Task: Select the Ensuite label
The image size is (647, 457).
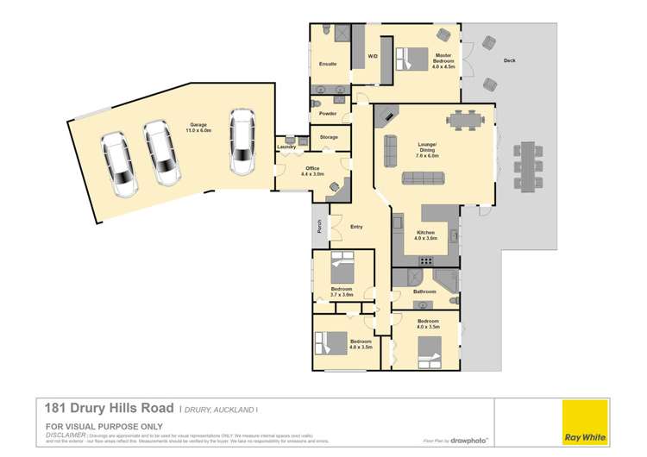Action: (328, 65)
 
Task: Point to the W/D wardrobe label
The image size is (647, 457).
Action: (373, 57)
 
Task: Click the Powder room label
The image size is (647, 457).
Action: (327, 114)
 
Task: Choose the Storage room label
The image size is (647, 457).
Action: (329, 137)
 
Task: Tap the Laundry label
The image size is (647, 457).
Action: (286, 147)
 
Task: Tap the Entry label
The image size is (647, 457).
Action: (356, 227)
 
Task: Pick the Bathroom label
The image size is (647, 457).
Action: (424, 292)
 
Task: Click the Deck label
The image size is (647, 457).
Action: (509, 60)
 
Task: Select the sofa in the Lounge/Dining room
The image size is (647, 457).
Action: (424, 179)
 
